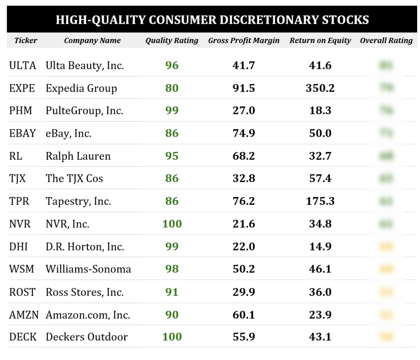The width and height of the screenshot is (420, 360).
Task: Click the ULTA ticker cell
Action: tap(23, 65)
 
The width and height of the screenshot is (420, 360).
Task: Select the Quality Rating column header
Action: tap(171, 40)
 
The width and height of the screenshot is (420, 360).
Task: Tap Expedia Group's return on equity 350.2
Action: tap(320, 88)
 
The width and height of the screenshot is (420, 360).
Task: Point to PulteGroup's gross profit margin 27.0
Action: tap(244, 111)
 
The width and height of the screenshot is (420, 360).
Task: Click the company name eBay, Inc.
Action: tap(68, 133)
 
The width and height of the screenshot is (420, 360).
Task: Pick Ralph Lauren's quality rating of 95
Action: tap(172, 156)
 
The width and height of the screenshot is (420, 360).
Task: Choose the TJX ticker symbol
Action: tap(18, 179)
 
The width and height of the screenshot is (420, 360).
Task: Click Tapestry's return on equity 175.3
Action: tap(320, 201)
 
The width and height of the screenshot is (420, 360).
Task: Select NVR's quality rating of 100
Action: tap(172, 224)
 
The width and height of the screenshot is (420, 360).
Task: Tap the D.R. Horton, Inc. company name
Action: tap(85, 247)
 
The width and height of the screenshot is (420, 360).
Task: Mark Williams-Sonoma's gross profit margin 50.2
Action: tap(244, 269)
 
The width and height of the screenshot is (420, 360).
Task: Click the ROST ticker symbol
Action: tap(23, 292)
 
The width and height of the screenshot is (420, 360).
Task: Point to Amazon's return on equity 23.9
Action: tap(320, 315)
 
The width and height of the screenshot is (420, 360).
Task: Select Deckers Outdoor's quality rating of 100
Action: tap(172, 337)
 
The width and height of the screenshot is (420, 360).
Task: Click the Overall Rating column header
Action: tap(386, 40)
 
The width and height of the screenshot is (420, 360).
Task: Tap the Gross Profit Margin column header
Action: tap(244, 40)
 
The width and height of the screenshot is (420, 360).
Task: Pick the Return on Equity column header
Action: tap(320, 40)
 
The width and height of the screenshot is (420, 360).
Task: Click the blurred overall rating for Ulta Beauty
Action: tap(386, 65)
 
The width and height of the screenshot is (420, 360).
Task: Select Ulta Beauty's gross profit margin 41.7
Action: tap(244, 65)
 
